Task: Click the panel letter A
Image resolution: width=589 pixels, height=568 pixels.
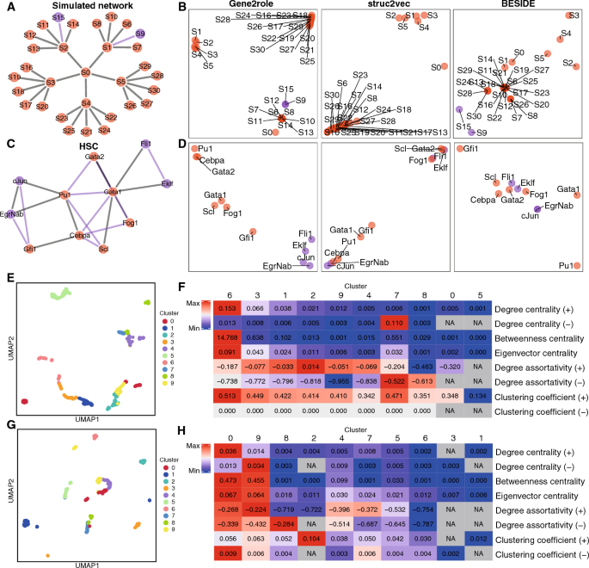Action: (x=6, y=7)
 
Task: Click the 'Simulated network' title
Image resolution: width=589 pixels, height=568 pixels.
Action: (x=85, y=7)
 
